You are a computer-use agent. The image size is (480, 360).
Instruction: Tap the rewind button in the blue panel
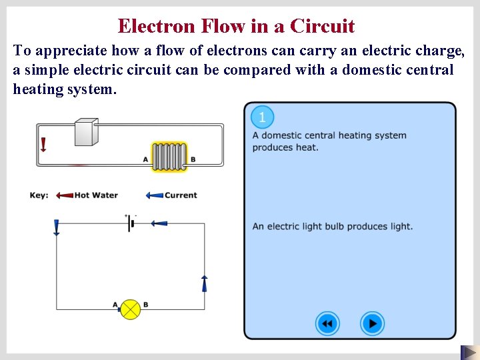pos(327,324)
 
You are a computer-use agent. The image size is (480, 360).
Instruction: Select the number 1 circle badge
pos(262,118)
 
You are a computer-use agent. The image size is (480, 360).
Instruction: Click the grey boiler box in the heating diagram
pos(86,132)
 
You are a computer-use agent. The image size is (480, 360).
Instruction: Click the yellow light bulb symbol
pos(130,309)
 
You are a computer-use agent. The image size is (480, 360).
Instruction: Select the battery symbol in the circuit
pos(131,223)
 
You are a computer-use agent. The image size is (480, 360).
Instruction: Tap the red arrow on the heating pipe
pos(43,145)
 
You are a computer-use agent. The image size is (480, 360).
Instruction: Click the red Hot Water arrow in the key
pos(64,195)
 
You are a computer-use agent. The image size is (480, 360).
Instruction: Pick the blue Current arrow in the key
pos(154,195)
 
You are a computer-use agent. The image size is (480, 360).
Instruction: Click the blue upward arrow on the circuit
pos(205,283)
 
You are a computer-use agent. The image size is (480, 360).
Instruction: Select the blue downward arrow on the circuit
pos(56,227)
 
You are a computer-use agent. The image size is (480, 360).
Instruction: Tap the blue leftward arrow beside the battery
pos(159,223)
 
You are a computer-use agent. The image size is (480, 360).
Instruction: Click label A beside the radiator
pos(146,159)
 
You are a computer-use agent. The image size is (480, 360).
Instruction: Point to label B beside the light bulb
pos(145,305)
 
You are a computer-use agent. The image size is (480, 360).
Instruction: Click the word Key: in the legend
pos(39,195)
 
